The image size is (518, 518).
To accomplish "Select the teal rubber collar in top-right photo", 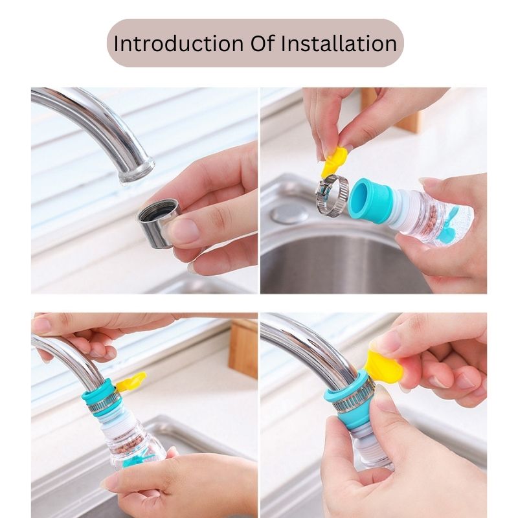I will (x=368, y=200).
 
